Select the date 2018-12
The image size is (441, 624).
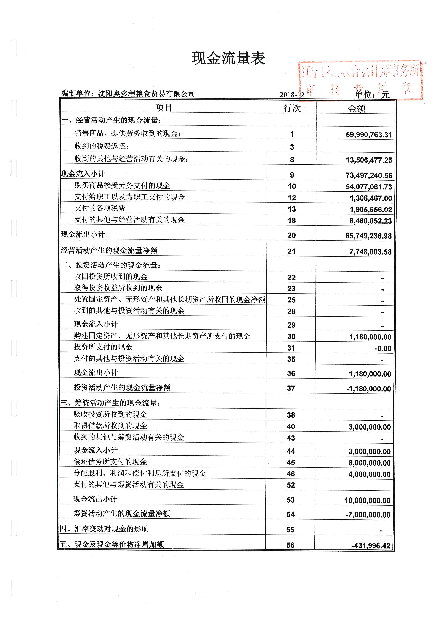point(292,95)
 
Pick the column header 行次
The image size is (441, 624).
point(292,108)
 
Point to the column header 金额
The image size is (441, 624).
point(356,109)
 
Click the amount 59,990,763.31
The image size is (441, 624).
point(369,135)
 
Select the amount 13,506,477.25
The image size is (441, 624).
point(369,160)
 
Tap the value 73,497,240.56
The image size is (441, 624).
point(369,175)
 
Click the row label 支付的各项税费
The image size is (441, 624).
point(100,208)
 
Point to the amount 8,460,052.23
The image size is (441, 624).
point(370,221)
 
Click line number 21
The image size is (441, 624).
point(291,251)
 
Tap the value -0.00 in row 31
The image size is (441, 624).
point(383,348)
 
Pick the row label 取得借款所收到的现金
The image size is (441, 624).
point(110,426)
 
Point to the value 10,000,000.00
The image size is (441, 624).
point(367,500)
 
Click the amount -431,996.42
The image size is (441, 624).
point(371,546)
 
